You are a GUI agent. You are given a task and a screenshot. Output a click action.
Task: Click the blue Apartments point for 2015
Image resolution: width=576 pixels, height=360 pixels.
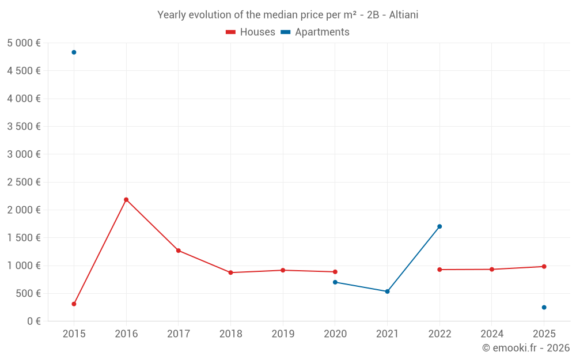pos(74,52)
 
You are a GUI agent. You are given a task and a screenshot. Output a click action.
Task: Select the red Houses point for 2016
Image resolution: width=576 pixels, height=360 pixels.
pos(126,200)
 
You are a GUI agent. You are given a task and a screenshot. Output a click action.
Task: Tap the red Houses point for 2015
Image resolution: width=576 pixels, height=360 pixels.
pos(74,304)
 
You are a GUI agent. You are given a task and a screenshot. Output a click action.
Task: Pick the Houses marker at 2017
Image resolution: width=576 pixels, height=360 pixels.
pos(178,251)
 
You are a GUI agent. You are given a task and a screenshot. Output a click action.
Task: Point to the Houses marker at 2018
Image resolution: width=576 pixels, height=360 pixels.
pos(231,272)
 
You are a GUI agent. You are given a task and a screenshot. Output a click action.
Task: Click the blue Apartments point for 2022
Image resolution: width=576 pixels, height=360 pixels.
pos(439,226)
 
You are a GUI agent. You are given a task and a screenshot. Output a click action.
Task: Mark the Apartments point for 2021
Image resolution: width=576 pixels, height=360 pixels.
pos(387,291)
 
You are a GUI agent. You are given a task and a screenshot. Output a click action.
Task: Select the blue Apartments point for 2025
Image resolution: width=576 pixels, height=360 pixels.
pos(544,307)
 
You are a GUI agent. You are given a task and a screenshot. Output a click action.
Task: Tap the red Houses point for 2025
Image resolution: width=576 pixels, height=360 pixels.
pos(544,266)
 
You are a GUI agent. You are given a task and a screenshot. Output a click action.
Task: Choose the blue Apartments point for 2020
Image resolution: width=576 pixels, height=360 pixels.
pos(335,282)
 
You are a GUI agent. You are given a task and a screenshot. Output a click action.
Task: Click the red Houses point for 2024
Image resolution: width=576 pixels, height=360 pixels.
pos(491,269)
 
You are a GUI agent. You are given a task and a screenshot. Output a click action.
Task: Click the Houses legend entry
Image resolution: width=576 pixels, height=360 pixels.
pos(251,32)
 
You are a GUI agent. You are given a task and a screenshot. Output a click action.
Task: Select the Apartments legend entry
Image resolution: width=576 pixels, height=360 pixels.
pos(315,32)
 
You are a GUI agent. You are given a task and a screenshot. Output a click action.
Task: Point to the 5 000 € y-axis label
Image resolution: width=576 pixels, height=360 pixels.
pos(24,43)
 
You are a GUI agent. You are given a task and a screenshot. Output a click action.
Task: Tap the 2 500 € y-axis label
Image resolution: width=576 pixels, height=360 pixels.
pos(24,182)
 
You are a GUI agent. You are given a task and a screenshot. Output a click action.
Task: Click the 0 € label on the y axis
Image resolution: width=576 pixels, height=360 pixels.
pos(34,321)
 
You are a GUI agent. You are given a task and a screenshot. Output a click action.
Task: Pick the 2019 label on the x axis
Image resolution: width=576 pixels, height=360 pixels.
pos(283,334)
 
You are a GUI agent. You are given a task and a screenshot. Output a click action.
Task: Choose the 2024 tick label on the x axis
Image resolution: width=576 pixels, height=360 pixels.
pos(491,334)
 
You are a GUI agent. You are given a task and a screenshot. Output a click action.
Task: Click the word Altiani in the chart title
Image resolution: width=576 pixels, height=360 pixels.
pos(403,15)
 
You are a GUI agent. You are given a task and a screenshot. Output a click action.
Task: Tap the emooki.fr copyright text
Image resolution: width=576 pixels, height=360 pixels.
pos(526,347)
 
